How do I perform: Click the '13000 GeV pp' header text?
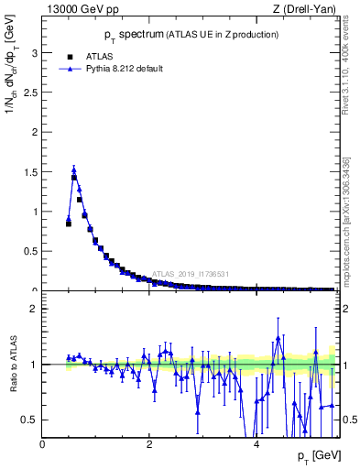coord(78,9)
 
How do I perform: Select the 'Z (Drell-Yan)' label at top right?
coord(306,9)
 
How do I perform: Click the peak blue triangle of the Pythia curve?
coord(74,169)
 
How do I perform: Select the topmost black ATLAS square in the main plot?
coord(74,178)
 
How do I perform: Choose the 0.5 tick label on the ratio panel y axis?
coord(32,420)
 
